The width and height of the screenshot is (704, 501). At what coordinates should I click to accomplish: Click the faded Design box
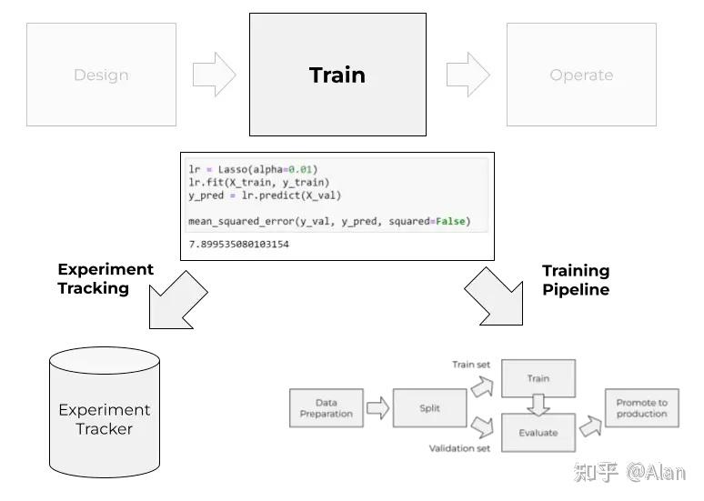click(x=102, y=75)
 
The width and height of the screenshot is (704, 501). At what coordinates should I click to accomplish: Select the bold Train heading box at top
click(x=337, y=75)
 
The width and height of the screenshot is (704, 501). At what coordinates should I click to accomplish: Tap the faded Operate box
click(x=581, y=75)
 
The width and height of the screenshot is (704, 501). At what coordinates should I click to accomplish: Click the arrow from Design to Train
click(x=214, y=75)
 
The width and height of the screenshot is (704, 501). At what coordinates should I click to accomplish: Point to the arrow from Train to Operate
click(x=468, y=75)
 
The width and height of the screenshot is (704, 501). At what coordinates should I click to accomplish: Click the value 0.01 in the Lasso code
click(x=300, y=169)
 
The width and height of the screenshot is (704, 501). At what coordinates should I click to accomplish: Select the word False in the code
click(x=450, y=221)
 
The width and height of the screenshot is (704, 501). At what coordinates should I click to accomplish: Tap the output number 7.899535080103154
click(x=239, y=245)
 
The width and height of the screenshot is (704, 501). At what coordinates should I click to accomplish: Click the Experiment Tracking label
click(x=106, y=278)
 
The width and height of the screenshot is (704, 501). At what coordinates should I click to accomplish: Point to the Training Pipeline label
click(x=576, y=280)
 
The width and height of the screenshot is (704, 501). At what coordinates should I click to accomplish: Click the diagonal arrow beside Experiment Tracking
click(x=177, y=300)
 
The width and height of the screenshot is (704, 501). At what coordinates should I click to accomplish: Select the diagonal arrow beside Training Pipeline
click(x=494, y=296)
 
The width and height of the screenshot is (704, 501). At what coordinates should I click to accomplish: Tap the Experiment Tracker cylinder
click(x=105, y=412)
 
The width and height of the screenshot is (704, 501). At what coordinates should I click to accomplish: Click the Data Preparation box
click(x=327, y=408)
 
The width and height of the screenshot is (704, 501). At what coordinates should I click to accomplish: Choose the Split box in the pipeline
click(x=429, y=408)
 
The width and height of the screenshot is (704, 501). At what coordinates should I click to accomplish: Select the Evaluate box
click(x=538, y=433)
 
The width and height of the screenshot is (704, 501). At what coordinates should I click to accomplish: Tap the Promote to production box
click(x=642, y=408)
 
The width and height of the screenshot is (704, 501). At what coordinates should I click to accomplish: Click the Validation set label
click(x=459, y=448)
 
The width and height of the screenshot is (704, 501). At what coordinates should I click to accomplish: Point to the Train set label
click(x=471, y=365)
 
